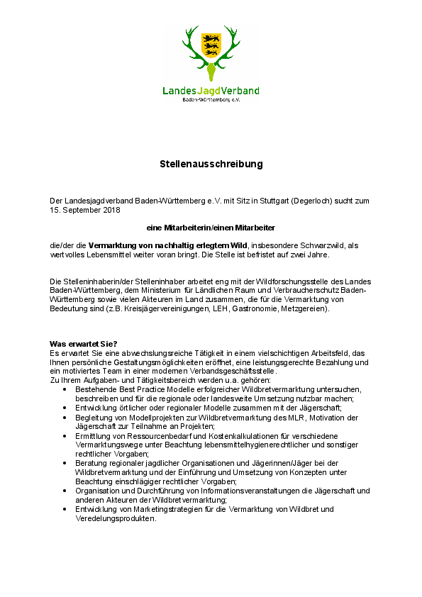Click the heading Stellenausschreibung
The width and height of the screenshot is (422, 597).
211,164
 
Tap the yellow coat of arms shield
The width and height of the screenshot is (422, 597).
211,45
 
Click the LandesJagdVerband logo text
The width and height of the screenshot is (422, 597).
211,91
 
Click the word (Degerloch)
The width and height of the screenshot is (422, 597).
306,201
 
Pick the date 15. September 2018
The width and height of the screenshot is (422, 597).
85,210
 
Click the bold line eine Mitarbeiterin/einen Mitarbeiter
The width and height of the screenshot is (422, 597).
211,228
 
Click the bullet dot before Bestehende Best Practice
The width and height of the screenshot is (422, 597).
65,389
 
